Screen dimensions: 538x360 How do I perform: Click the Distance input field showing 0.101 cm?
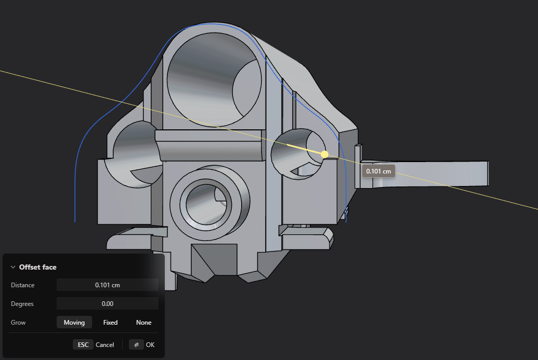[108, 285]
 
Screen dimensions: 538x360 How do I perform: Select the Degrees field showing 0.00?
[108, 304]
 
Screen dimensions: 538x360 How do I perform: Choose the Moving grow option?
[74, 322]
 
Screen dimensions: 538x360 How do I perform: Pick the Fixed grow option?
[111, 322]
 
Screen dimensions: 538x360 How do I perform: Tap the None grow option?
[144, 322]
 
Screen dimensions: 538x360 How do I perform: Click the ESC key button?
[83, 344]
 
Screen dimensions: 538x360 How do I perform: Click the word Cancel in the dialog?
[104, 344]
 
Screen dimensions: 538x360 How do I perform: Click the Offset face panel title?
[38, 267]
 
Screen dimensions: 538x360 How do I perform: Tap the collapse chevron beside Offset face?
[13, 267]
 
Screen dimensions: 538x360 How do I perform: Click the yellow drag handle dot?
[324, 154]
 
